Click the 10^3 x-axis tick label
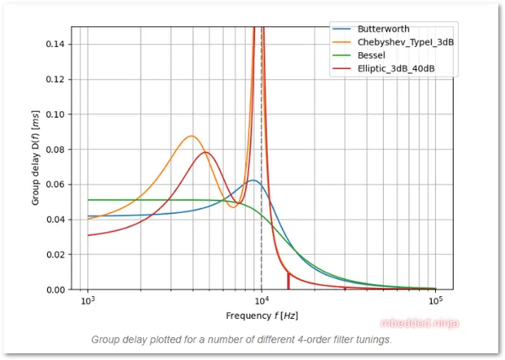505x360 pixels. coord(88,301)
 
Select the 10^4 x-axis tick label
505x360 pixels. coord(261,301)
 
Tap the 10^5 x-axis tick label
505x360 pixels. coord(434,301)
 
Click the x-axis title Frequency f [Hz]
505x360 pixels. coord(261,315)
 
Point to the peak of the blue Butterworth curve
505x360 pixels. coord(253,180)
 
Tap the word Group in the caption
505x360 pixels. coord(108,340)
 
